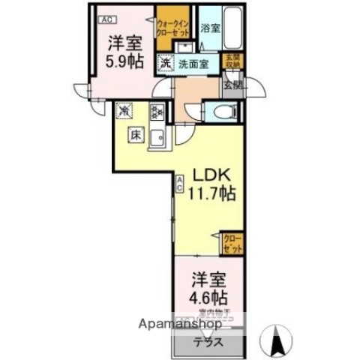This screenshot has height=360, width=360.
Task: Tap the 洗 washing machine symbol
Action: tap(164, 63)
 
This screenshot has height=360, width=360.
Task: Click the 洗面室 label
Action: tap(193, 64)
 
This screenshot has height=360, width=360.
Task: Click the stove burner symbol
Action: tap(157, 113)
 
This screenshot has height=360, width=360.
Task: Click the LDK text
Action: tap(214, 174)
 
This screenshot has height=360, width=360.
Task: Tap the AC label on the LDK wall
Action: tap(180, 183)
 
